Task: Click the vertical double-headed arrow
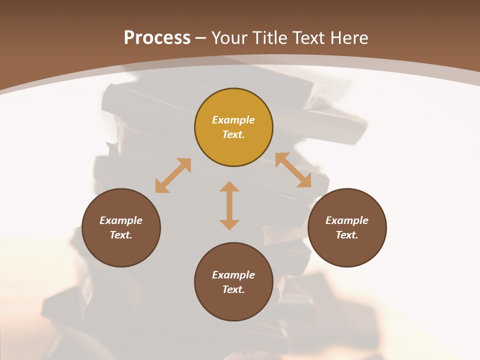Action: [229, 205]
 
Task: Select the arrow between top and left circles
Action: [173, 175]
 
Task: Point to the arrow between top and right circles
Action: [293, 170]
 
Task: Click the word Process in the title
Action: [157, 37]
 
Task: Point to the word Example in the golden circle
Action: [233, 120]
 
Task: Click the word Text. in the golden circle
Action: [233, 134]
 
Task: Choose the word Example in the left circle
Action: [121, 220]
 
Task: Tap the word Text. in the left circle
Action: [121, 235]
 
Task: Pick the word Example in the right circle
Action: [347, 220]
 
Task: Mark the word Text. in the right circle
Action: [347, 235]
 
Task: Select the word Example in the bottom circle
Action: [233, 275]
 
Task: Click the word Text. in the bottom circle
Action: [233, 289]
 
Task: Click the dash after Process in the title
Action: [201, 38]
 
